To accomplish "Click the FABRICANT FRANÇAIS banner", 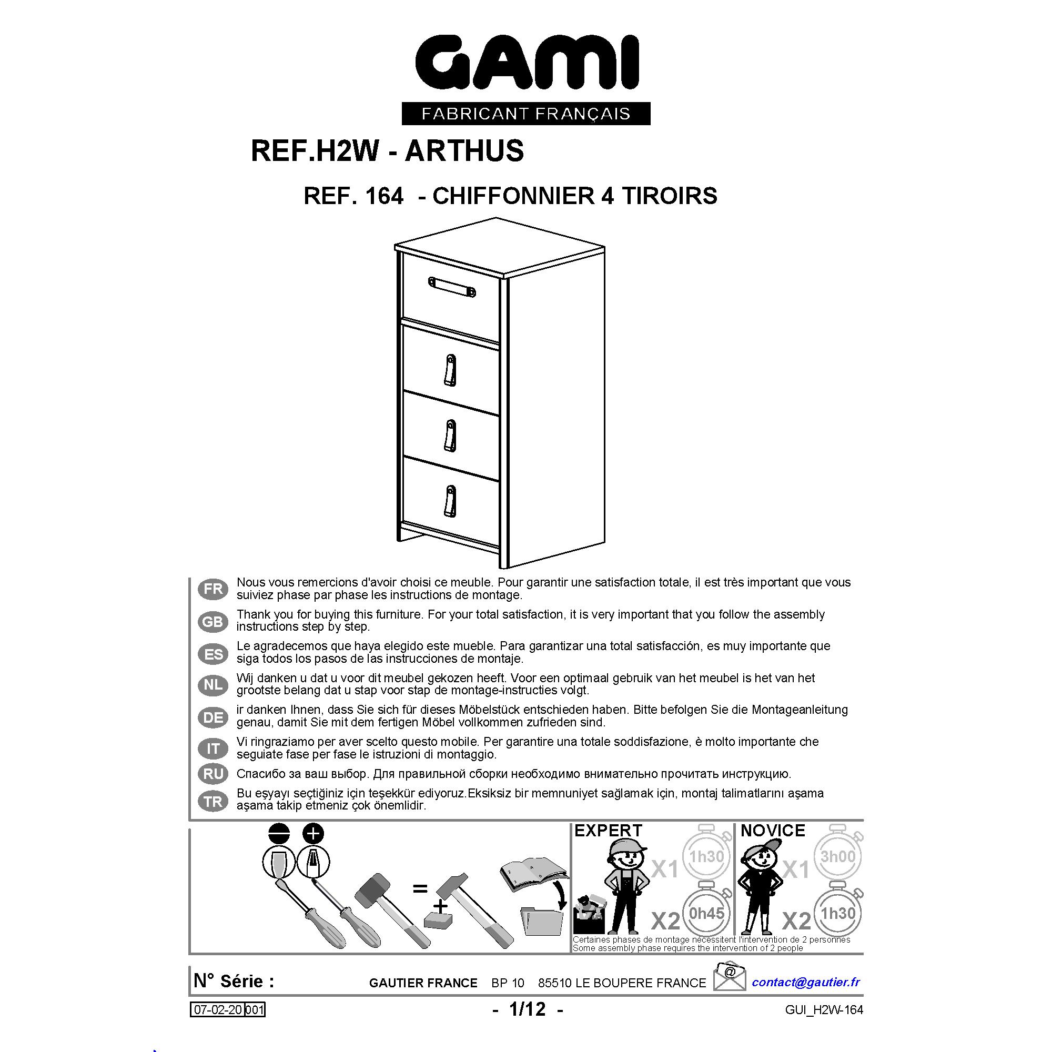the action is (x=526, y=113).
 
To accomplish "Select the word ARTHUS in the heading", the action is (x=464, y=151).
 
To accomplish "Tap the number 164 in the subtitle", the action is (x=385, y=196).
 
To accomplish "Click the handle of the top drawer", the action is (x=452, y=287).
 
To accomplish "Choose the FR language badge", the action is (x=213, y=589).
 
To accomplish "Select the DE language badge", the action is (x=213, y=717).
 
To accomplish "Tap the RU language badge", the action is (x=213, y=774).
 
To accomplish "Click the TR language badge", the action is (x=213, y=801).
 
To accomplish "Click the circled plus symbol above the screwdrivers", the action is (x=312, y=834).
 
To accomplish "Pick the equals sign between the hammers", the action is (x=419, y=888).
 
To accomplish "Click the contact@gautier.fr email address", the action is (x=806, y=982).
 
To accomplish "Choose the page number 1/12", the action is (x=527, y=1009).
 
